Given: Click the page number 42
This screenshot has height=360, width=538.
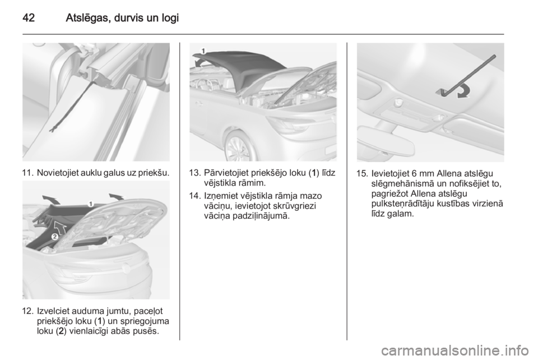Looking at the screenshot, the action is click(x=29, y=17).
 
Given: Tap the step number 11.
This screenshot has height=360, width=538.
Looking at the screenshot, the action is click(x=27, y=173).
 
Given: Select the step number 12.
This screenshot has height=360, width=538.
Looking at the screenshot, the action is click(x=27, y=312).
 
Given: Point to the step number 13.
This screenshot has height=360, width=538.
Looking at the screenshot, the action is click(x=195, y=173).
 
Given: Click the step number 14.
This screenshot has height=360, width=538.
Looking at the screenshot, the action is click(x=195, y=196).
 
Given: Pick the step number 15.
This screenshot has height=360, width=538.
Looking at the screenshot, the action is click(x=363, y=173).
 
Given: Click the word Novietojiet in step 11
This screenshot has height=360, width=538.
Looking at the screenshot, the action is click(x=57, y=173).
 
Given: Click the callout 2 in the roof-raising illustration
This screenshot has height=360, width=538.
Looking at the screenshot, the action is click(x=54, y=237).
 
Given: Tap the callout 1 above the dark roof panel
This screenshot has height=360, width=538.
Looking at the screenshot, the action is click(x=203, y=51).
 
